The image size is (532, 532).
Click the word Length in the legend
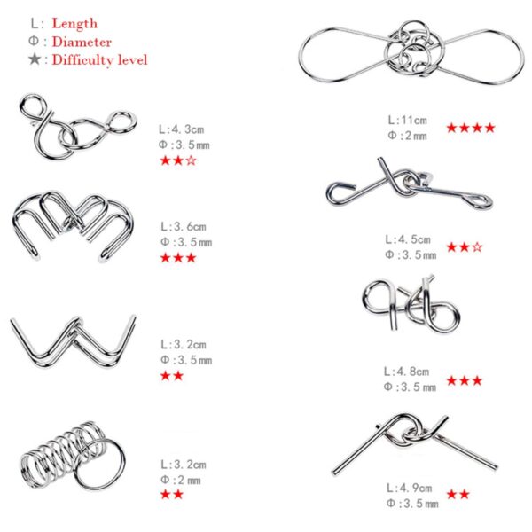[x=74, y=23]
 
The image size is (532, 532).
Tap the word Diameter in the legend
[x=82, y=42]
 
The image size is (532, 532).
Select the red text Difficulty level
[x=99, y=60]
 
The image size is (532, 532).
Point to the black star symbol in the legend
[x=35, y=59]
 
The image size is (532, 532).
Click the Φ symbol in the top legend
[x=35, y=42]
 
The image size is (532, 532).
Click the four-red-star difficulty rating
[x=470, y=128]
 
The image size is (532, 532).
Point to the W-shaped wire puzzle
[x=73, y=338]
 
